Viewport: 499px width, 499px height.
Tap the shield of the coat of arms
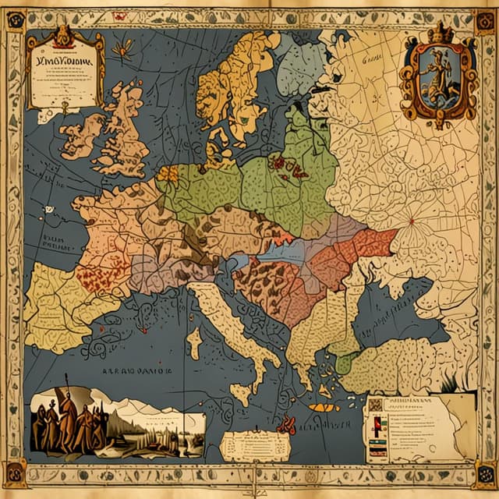coord(438,78)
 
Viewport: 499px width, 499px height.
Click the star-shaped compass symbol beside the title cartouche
coord(122,49)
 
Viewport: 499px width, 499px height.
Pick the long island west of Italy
coord(193,343)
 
